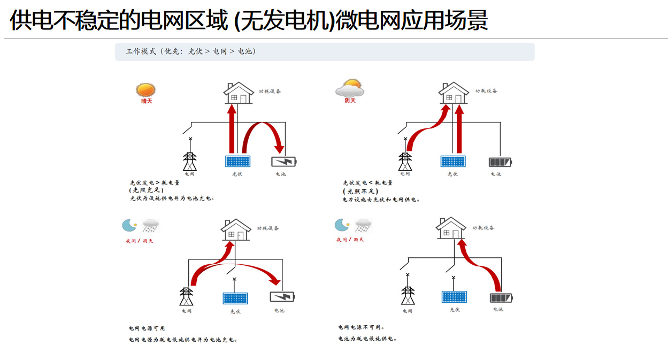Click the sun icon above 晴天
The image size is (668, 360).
[x=145, y=89]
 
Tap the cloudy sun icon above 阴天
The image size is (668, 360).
[x=349, y=87]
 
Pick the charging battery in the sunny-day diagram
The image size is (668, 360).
[x=283, y=161]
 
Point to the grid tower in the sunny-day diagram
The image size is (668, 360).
[x=190, y=161]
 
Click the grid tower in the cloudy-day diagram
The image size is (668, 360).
[x=405, y=161]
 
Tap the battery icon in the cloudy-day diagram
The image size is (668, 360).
[x=500, y=161]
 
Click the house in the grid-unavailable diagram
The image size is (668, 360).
[x=451, y=228]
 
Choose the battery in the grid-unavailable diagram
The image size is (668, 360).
[x=502, y=297]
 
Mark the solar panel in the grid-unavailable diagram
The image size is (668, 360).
[x=454, y=297]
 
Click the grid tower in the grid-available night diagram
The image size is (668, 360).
[x=186, y=296]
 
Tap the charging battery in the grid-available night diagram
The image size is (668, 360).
[x=282, y=296]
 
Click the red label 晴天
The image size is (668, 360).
[x=147, y=101]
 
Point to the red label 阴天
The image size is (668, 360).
[x=350, y=101]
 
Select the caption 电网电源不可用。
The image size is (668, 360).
[x=362, y=327]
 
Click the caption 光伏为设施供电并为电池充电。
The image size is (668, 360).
[x=172, y=198]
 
